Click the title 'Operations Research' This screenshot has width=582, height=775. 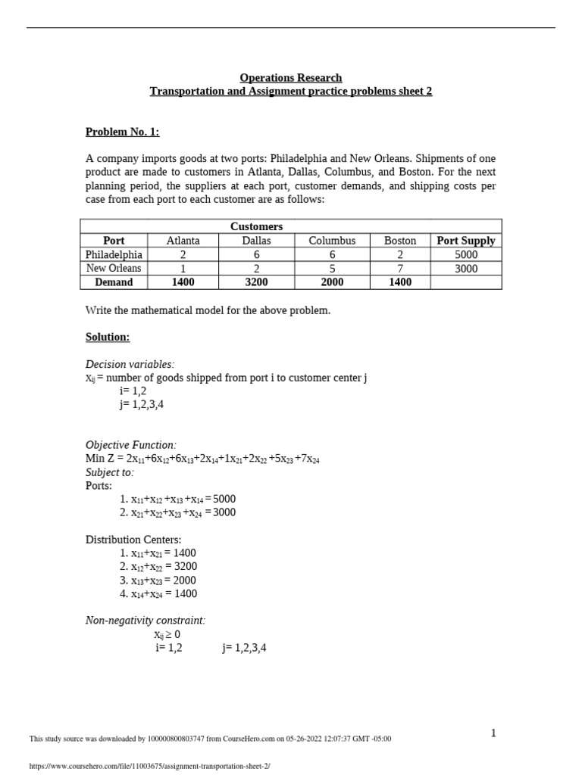[x=291, y=77]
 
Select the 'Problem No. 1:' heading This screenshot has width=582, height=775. [x=123, y=132]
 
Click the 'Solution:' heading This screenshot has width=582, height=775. [x=108, y=337]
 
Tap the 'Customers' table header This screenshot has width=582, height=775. [x=256, y=226]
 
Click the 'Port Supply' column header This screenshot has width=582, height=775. [x=466, y=241]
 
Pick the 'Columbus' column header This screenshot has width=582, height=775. [x=332, y=241]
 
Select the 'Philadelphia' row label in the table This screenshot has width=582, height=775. [x=114, y=254]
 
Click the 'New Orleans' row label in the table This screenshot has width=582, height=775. [x=114, y=268]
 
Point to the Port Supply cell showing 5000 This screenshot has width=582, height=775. [x=466, y=254]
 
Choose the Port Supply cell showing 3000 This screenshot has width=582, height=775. [x=466, y=268]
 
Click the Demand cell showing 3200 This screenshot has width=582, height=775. [x=256, y=282]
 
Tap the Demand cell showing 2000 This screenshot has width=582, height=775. [x=332, y=282]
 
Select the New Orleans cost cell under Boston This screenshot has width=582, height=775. [x=400, y=268]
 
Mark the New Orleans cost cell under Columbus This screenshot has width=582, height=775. [x=332, y=268]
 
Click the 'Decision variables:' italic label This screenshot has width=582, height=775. [x=130, y=364]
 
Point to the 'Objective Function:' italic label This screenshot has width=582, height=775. [x=131, y=445]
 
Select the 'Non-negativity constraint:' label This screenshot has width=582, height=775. [x=145, y=621]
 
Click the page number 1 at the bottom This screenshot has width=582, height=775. [x=493, y=733]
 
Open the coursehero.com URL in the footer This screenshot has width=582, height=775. [x=149, y=765]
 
